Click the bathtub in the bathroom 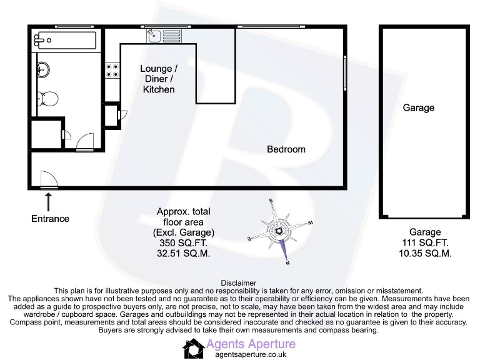click(x=66, y=41)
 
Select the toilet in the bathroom click(x=47, y=98)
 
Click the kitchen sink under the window click(x=164, y=36)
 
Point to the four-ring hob click(x=112, y=71)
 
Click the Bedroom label click(x=286, y=149)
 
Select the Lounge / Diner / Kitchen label click(x=159, y=79)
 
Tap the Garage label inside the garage click(x=418, y=107)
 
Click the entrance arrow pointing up click(x=49, y=201)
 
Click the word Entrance click(x=51, y=219)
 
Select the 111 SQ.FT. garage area click(x=425, y=242)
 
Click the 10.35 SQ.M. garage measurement click(x=425, y=253)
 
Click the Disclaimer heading click(x=239, y=283)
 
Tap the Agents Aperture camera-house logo click(x=192, y=348)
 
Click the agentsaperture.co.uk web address click(x=250, y=354)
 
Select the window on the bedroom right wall click(x=344, y=73)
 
